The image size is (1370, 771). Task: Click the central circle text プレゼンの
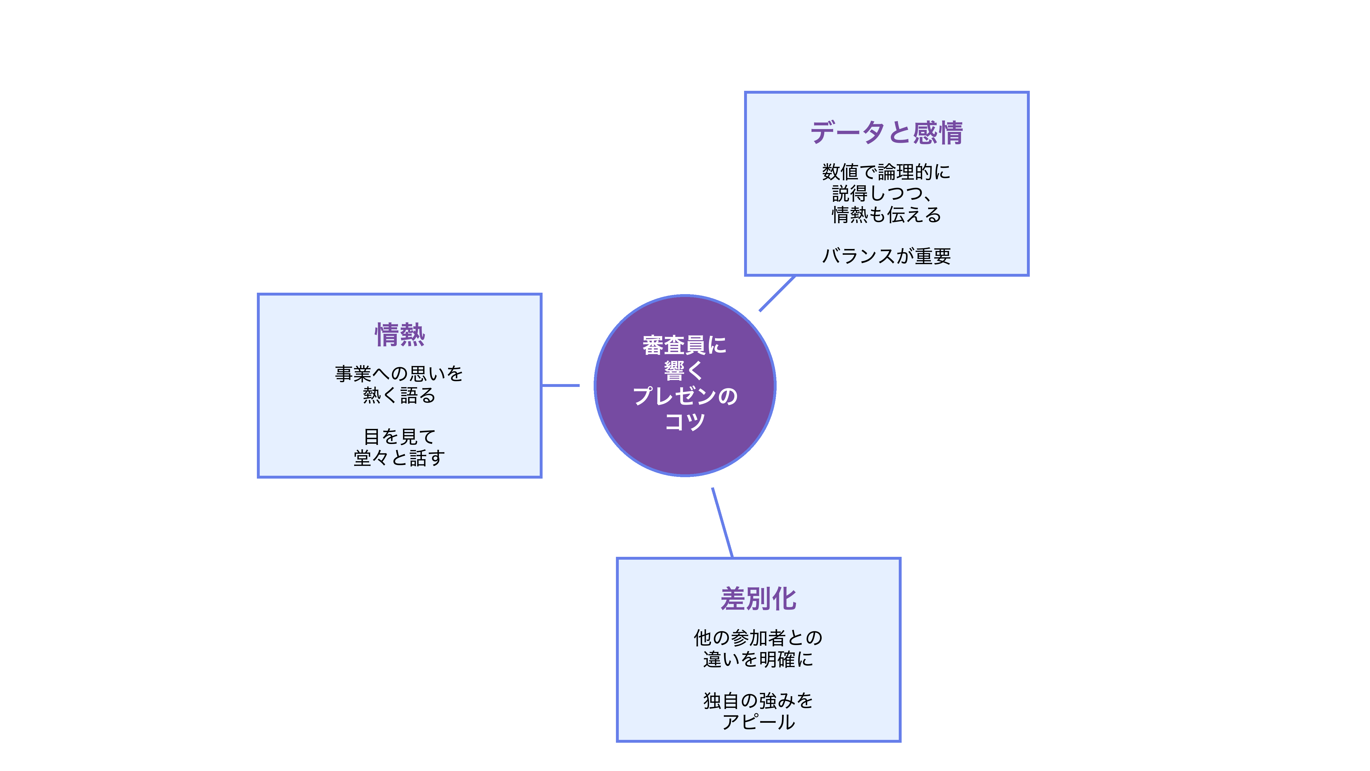[x=685, y=396]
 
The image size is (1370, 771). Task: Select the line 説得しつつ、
[x=883, y=193]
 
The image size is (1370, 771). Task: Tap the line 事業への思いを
[x=399, y=374]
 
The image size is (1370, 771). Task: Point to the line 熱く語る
[x=399, y=395]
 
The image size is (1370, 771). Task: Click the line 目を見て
[x=399, y=436]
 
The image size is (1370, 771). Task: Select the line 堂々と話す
[x=399, y=457]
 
